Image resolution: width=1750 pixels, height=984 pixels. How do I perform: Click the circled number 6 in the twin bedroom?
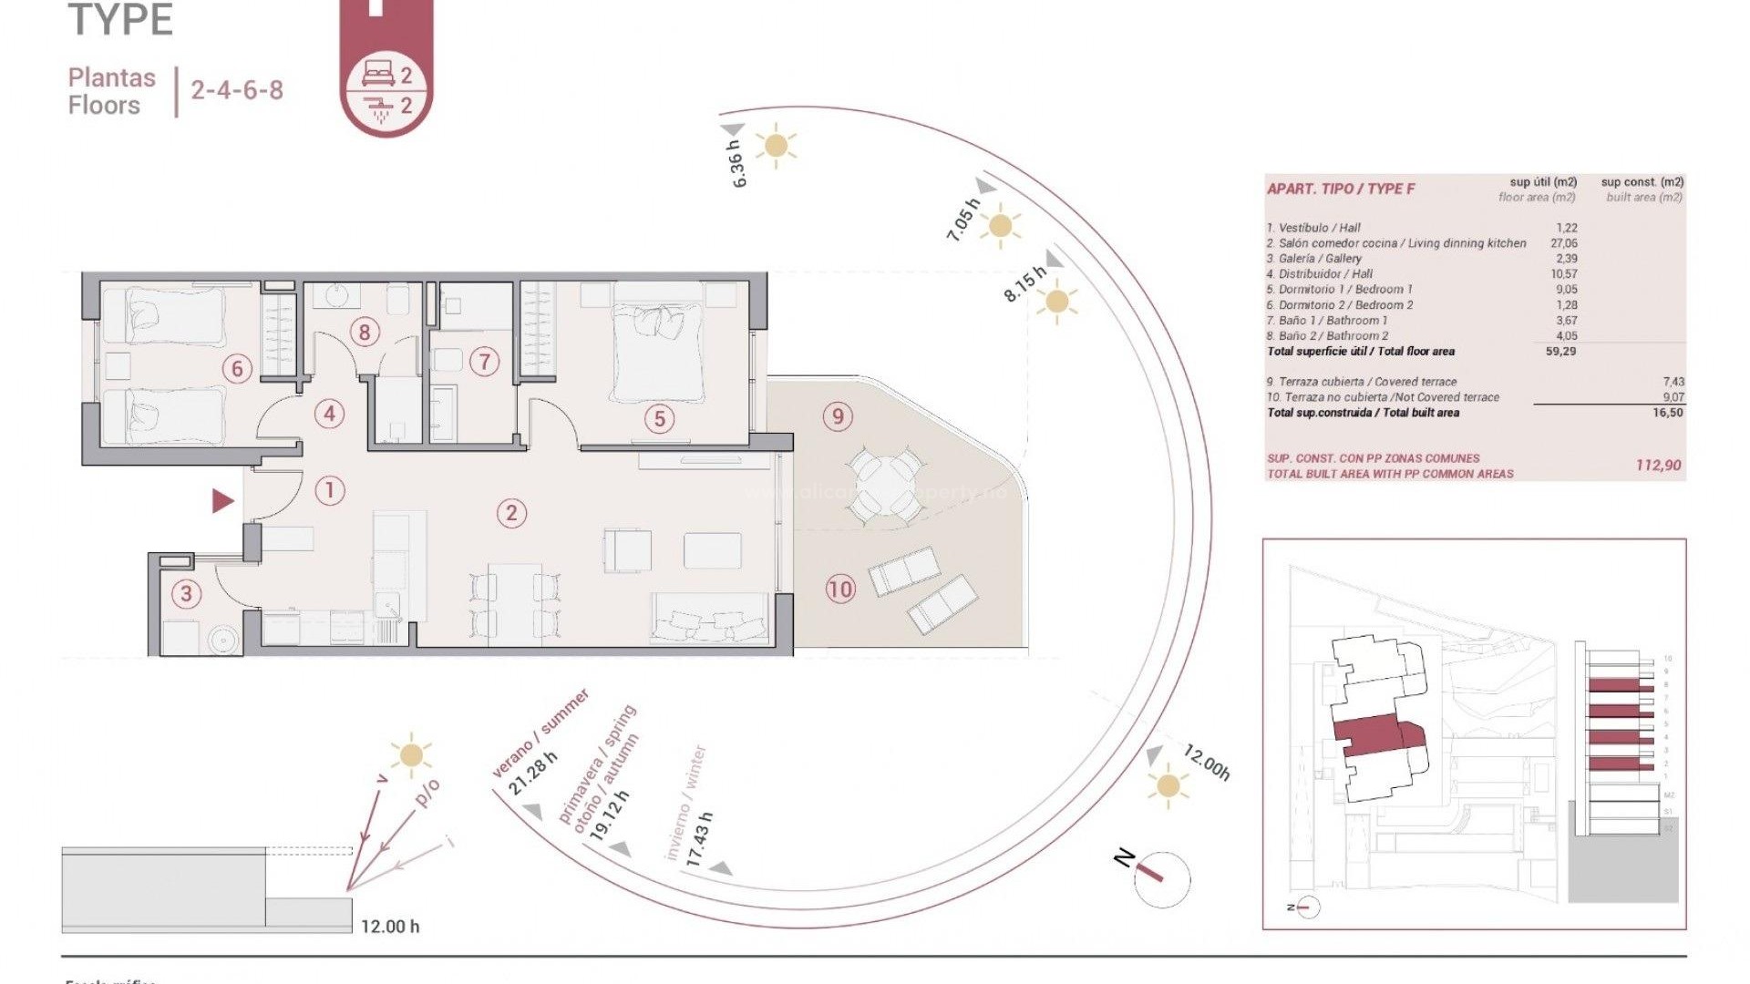(x=237, y=369)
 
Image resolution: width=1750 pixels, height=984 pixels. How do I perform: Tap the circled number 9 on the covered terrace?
(x=838, y=416)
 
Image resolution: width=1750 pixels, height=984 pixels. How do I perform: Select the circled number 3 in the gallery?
(x=186, y=594)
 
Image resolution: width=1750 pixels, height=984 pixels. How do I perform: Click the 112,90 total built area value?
(x=1658, y=466)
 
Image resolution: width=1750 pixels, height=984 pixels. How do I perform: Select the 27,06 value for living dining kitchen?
(x=1563, y=243)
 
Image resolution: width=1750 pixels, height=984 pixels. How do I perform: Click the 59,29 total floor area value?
(x=1560, y=352)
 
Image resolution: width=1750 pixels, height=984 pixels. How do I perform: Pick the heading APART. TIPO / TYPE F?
(x=1340, y=190)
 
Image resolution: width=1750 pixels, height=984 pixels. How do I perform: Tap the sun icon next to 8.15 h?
(x=1057, y=302)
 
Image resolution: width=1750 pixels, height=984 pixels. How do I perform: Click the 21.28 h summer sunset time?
(x=533, y=773)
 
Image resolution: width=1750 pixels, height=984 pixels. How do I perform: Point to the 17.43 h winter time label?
(x=699, y=840)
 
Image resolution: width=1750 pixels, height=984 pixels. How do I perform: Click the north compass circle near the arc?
(x=1162, y=878)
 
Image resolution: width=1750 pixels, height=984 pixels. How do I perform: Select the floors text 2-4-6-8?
(x=237, y=90)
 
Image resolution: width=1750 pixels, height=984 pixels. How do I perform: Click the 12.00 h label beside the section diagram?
(x=390, y=927)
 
